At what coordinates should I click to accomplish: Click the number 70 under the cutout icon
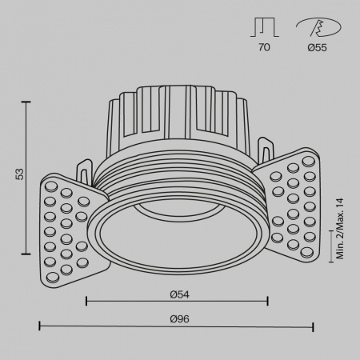pyautogui.click(x=264, y=47)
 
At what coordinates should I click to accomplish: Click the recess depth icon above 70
pyautogui.click(x=264, y=26)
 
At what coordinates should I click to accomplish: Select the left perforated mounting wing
pyautogui.click(x=70, y=226)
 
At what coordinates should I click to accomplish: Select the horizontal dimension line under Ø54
pyautogui.click(x=176, y=302)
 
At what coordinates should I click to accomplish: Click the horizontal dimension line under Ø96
pyautogui.click(x=176, y=326)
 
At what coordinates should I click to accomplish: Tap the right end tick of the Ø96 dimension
pyautogui.click(x=313, y=326)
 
